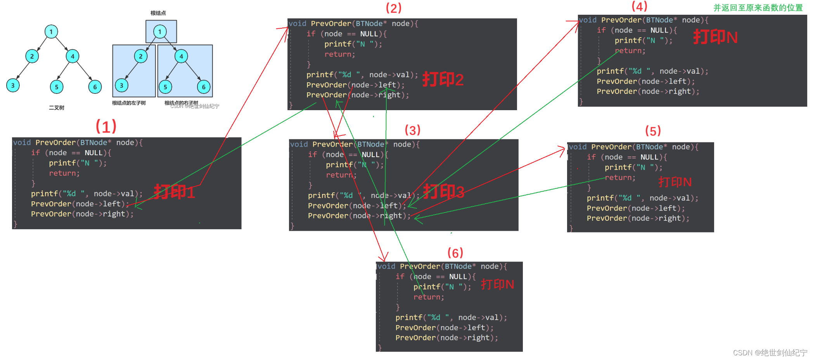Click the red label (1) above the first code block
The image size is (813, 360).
click(106, 126)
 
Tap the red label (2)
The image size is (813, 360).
click(393, 8)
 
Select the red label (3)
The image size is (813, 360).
click(412, 130)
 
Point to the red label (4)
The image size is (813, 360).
click(639, 7)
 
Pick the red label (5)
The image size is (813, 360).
click(653, 131)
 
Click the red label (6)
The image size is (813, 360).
click(455, 253)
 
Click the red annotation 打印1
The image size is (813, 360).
click(174, 192)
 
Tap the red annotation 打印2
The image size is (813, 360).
click(443, 80)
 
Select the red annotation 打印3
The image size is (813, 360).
click(443, 192)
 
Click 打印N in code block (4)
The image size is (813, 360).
click(715, 37)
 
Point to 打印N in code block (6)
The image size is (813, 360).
click(497, 284)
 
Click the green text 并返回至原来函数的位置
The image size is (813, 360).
click(758, 8)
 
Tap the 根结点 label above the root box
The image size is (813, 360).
click(158, 13)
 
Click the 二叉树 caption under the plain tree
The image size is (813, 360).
click(57, 108)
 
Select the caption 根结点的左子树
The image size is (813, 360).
click(129, 103)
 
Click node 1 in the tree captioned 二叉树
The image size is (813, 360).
click(51, 32)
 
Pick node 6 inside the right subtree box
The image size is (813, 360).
click(204, 87)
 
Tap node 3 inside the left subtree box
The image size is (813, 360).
click(121, 85)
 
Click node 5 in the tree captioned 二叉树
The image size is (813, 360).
click(57, 87)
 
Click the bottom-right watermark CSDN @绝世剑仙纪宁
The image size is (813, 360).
click(770, 353)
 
